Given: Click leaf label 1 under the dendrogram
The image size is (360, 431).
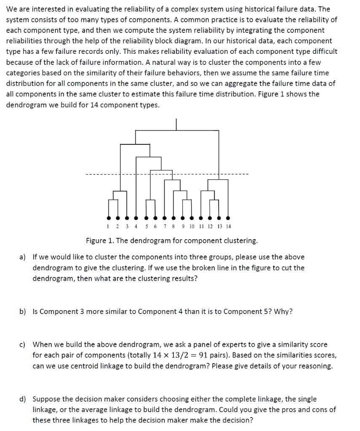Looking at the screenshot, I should coord(108,226).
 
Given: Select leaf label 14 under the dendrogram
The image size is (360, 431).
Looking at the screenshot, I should coord(228,226).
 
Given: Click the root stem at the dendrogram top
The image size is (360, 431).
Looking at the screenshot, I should coord(176,125).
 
